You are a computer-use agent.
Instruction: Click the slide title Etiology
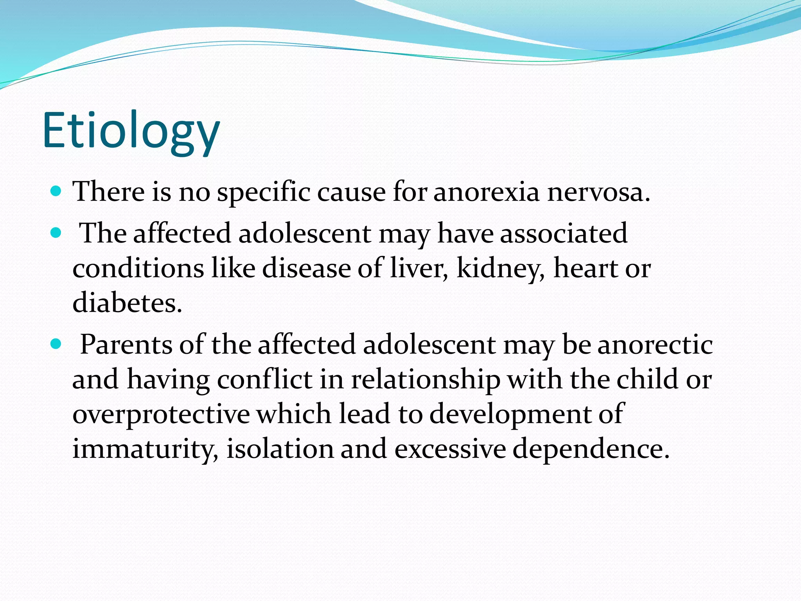tap(131, 131)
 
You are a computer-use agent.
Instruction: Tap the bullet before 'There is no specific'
tap(56, 191)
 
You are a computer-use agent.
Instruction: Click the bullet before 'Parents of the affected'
tap(56, 344)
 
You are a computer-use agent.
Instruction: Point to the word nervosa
tap(598, 193)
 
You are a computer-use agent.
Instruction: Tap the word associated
tap(564, 234)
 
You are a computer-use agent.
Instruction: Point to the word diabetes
tap(127, 303)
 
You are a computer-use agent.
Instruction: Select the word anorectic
tap(655, 345)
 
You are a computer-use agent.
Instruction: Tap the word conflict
tap(264, 380)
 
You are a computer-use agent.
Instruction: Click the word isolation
tap(280, 448)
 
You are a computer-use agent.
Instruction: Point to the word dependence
tap(591, 449)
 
